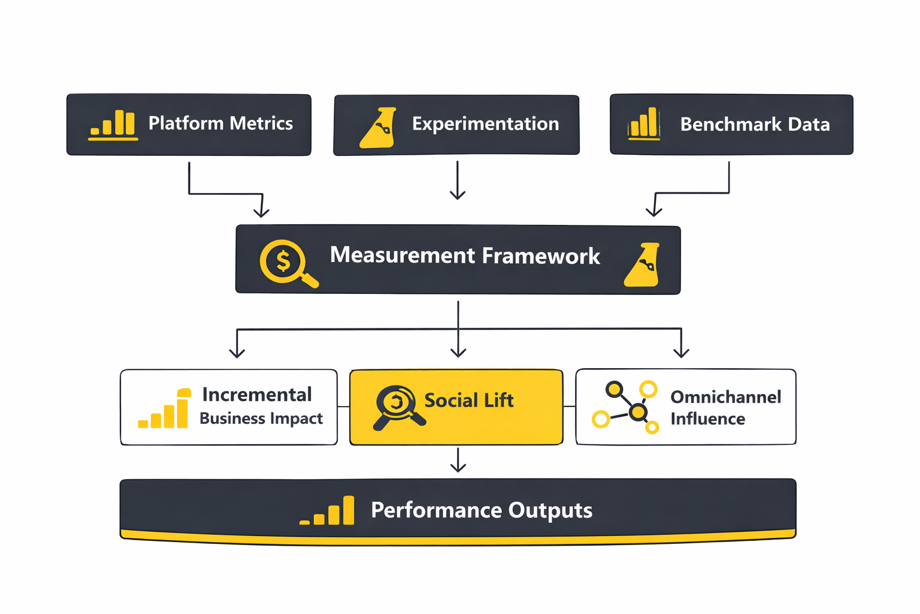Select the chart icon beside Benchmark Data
click(x=644, y=124)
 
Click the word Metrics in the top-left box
click(x=261, y=124)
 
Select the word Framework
click(x=541, y=256)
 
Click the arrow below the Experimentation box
click(x=458, y=180)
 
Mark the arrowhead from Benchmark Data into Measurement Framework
click(x=653, y=211)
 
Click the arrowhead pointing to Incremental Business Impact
click(x=237, y=353)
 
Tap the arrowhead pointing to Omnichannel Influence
click(x=681, y=353)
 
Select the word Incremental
click(x=257, y=395)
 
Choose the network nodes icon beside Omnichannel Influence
click(x=626, y=407)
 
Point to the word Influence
click(x=707, y=419)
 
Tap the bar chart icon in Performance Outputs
click(x=328, y=511)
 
